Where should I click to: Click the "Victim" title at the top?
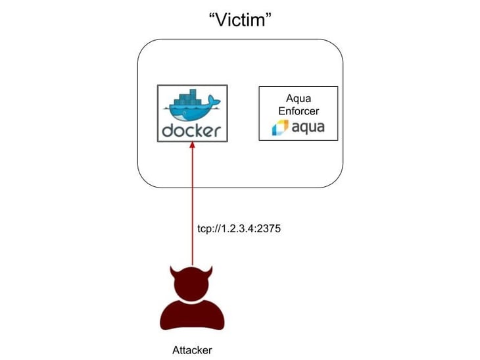pos(240,20)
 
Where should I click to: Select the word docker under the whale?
pos(193,130)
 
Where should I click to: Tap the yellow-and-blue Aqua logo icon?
pos(281,127)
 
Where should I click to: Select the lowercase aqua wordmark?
pos(308,127)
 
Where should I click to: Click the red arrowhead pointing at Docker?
pos(193,147)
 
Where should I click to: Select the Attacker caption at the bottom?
pos(193,349)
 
